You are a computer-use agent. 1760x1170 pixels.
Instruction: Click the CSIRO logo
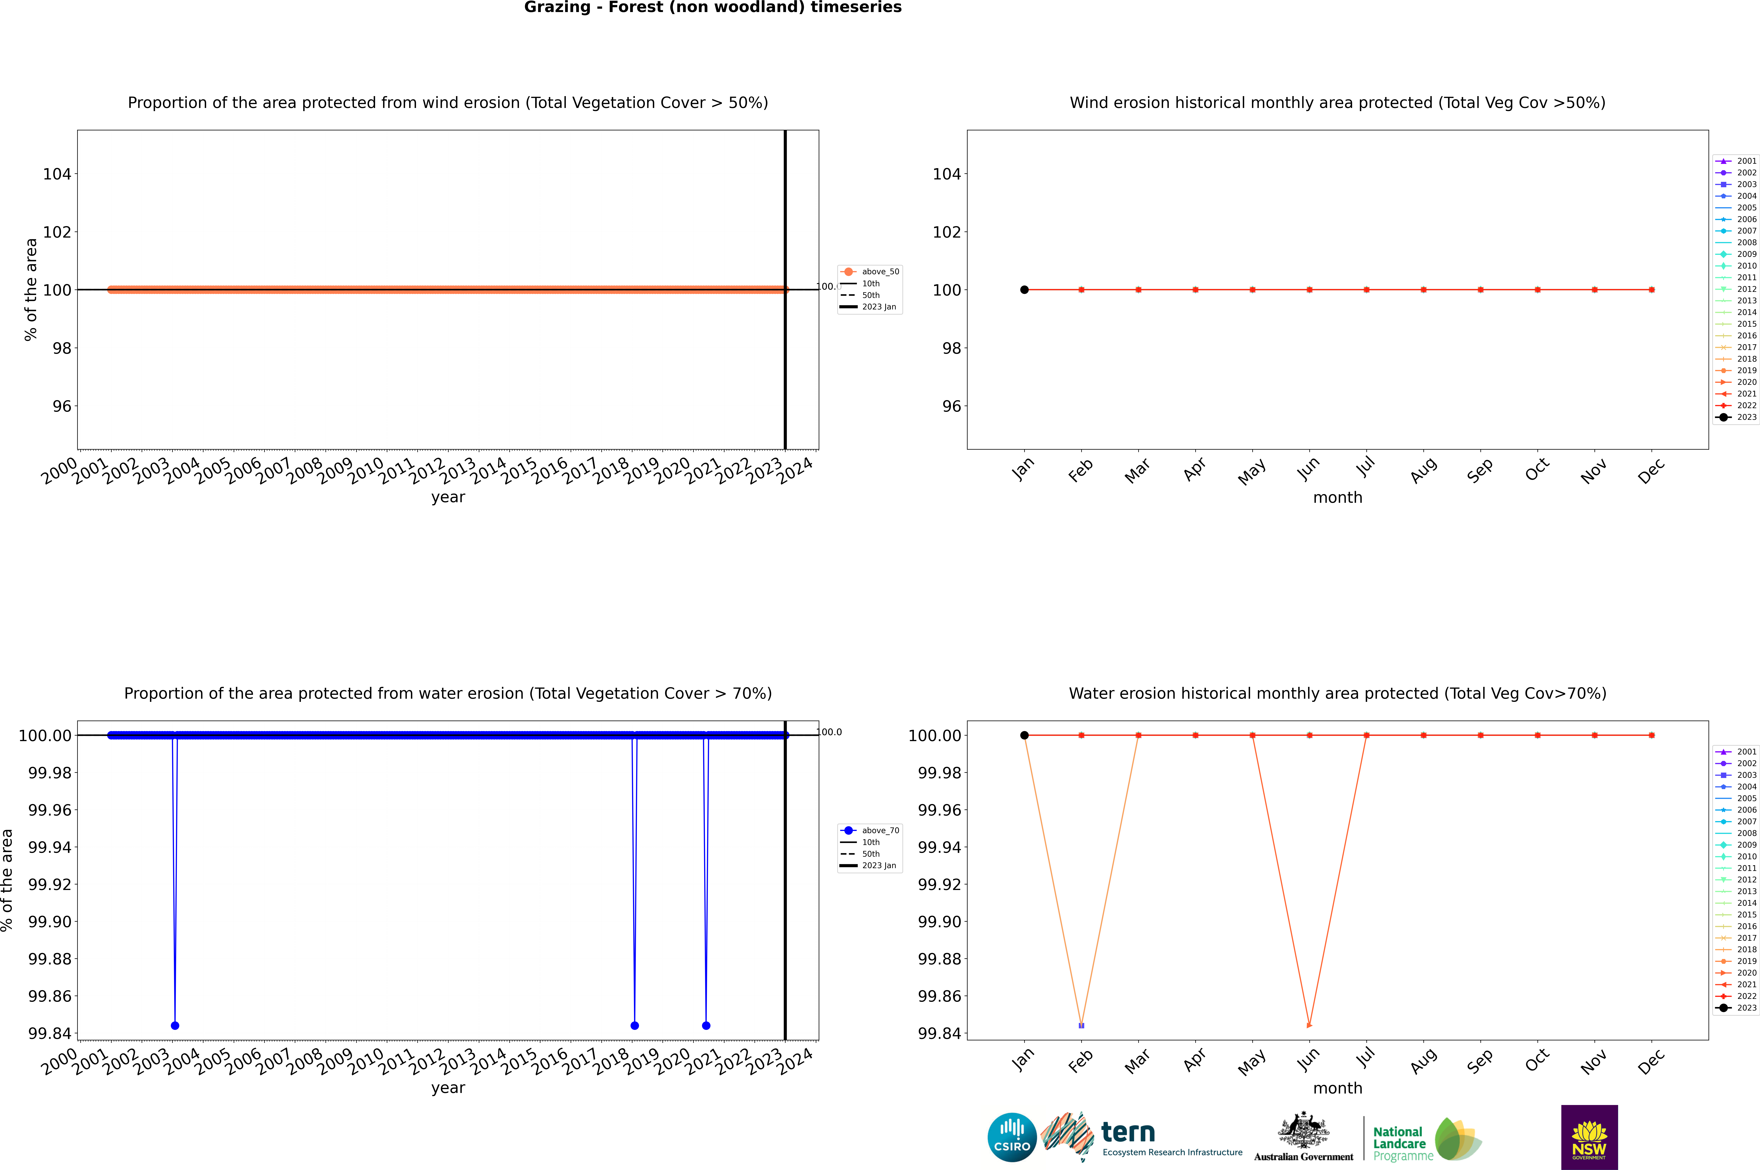(1012, 1137)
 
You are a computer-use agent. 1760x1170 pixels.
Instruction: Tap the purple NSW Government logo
(1589, 1137)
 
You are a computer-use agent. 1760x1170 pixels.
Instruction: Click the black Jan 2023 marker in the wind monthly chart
(1024, 289)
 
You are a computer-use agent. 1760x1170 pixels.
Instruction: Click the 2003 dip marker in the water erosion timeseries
(175, 1025)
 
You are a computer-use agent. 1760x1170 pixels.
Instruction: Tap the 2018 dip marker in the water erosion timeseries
(634, 1025)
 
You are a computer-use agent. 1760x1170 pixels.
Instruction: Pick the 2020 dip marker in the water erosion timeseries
(706, 1025)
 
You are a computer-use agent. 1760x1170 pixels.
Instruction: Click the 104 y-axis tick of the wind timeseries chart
(57, 174)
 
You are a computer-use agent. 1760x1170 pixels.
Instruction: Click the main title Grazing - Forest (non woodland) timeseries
(712, 7)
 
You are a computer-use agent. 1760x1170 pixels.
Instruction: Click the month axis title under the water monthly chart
(1337, 1088)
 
